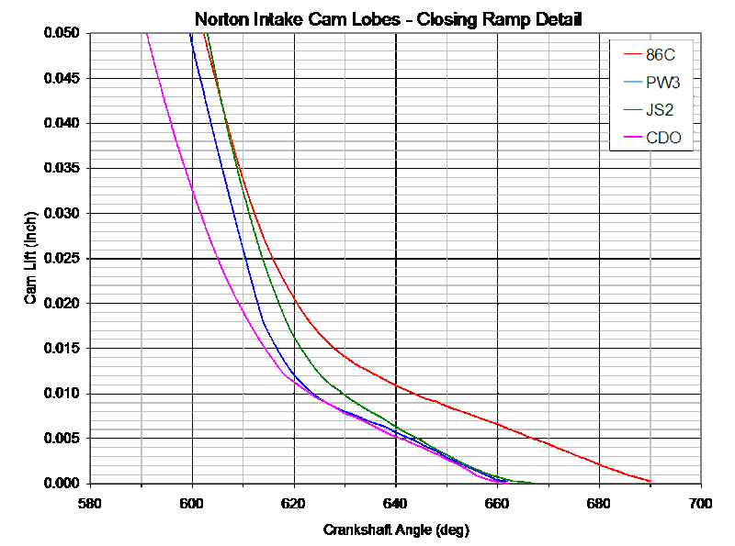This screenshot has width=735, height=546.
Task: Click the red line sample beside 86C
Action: coord(632,54)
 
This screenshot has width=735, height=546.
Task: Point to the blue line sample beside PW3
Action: coord(632,83)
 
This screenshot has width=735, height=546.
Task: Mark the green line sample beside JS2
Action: coord(632,111)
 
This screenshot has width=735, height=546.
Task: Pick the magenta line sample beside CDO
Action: coord(632,139)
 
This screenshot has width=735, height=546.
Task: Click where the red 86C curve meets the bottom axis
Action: coord(650,481)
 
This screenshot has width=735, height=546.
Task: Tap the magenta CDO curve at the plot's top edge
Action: coord(145,34)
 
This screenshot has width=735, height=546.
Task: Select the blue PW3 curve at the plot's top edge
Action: coord(190,34)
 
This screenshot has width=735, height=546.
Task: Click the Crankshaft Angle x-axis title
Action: coord(396,529)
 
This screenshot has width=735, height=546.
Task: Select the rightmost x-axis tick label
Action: coord(700,503)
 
